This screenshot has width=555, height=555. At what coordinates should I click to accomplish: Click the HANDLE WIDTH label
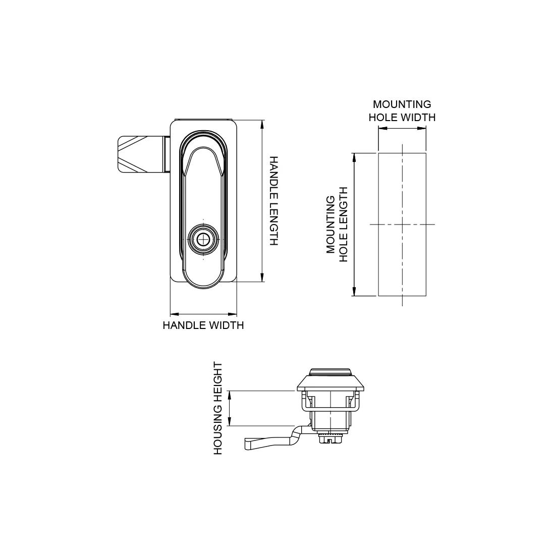pyautogui.click(x=203, y=325)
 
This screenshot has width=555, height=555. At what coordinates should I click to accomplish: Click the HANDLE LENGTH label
pyautogui.click(x=273, y=201)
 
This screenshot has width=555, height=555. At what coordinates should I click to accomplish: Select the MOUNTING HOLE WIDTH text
pyautogui.click(x=402, y=110)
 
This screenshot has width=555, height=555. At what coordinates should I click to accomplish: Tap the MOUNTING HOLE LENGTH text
pyautogui.click(x=337, y=225)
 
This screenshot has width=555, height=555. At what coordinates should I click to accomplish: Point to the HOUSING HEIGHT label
pyautogui.click(x=218, y=408)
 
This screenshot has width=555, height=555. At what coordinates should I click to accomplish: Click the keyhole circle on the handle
pyautogui.click(x=204, y=240)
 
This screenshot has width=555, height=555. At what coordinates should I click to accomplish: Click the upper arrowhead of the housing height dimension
pyautogui.click(x=230, y=395)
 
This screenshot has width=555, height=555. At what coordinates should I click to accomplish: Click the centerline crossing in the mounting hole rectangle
pyautogui.click(x=402, y=225)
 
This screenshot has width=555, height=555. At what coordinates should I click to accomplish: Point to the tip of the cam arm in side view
pyautogui.click(x=247, y=444)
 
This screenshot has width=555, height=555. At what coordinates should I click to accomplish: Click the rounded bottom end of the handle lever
pyautogui.click(x=203, y=280)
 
